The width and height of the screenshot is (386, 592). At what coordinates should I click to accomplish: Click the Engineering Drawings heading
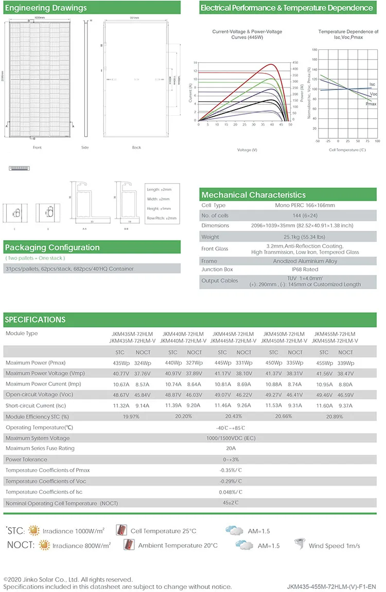(x=46, y=8)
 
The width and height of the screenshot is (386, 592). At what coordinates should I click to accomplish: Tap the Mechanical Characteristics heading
(x=253, y=195)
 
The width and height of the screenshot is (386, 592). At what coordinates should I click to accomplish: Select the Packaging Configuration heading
(x=52, y=247)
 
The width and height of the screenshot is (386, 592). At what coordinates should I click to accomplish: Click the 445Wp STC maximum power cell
(x=222, y=363)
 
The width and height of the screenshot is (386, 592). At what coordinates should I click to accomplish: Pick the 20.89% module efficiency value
(x=335, y=417)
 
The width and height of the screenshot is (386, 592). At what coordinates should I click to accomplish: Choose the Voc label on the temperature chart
(x=374, y=94)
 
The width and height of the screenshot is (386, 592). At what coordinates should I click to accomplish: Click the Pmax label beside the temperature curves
(x=371, y=104)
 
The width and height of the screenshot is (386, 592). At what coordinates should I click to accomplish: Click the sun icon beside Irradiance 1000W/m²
(x=34, y=531)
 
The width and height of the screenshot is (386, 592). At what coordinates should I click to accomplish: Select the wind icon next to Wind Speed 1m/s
(x=298, y=545)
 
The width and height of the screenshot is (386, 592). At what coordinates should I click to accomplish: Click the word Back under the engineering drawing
(x=136, y=148)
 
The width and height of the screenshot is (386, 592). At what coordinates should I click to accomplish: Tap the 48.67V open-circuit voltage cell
(x=121, y=395)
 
